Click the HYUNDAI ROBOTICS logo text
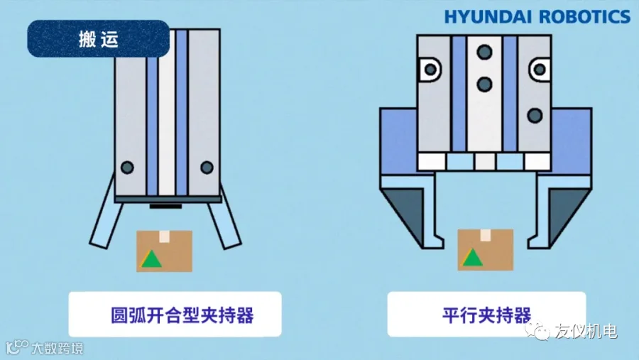[x=537, y=17]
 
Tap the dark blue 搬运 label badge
[x=99, y=39]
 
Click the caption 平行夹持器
[x=486, y=314]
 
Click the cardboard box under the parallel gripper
[x=485, y=250]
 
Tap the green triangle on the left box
[x=150, y=259]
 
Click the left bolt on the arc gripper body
[x=127, y=168]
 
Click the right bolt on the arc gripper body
[x=207, y=168]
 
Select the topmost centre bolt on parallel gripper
[x=484, y=52]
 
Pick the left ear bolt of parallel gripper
[x=430, y=70]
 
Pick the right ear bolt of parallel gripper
[x=540, y=70]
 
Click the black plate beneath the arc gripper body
[x=167, y=206]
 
